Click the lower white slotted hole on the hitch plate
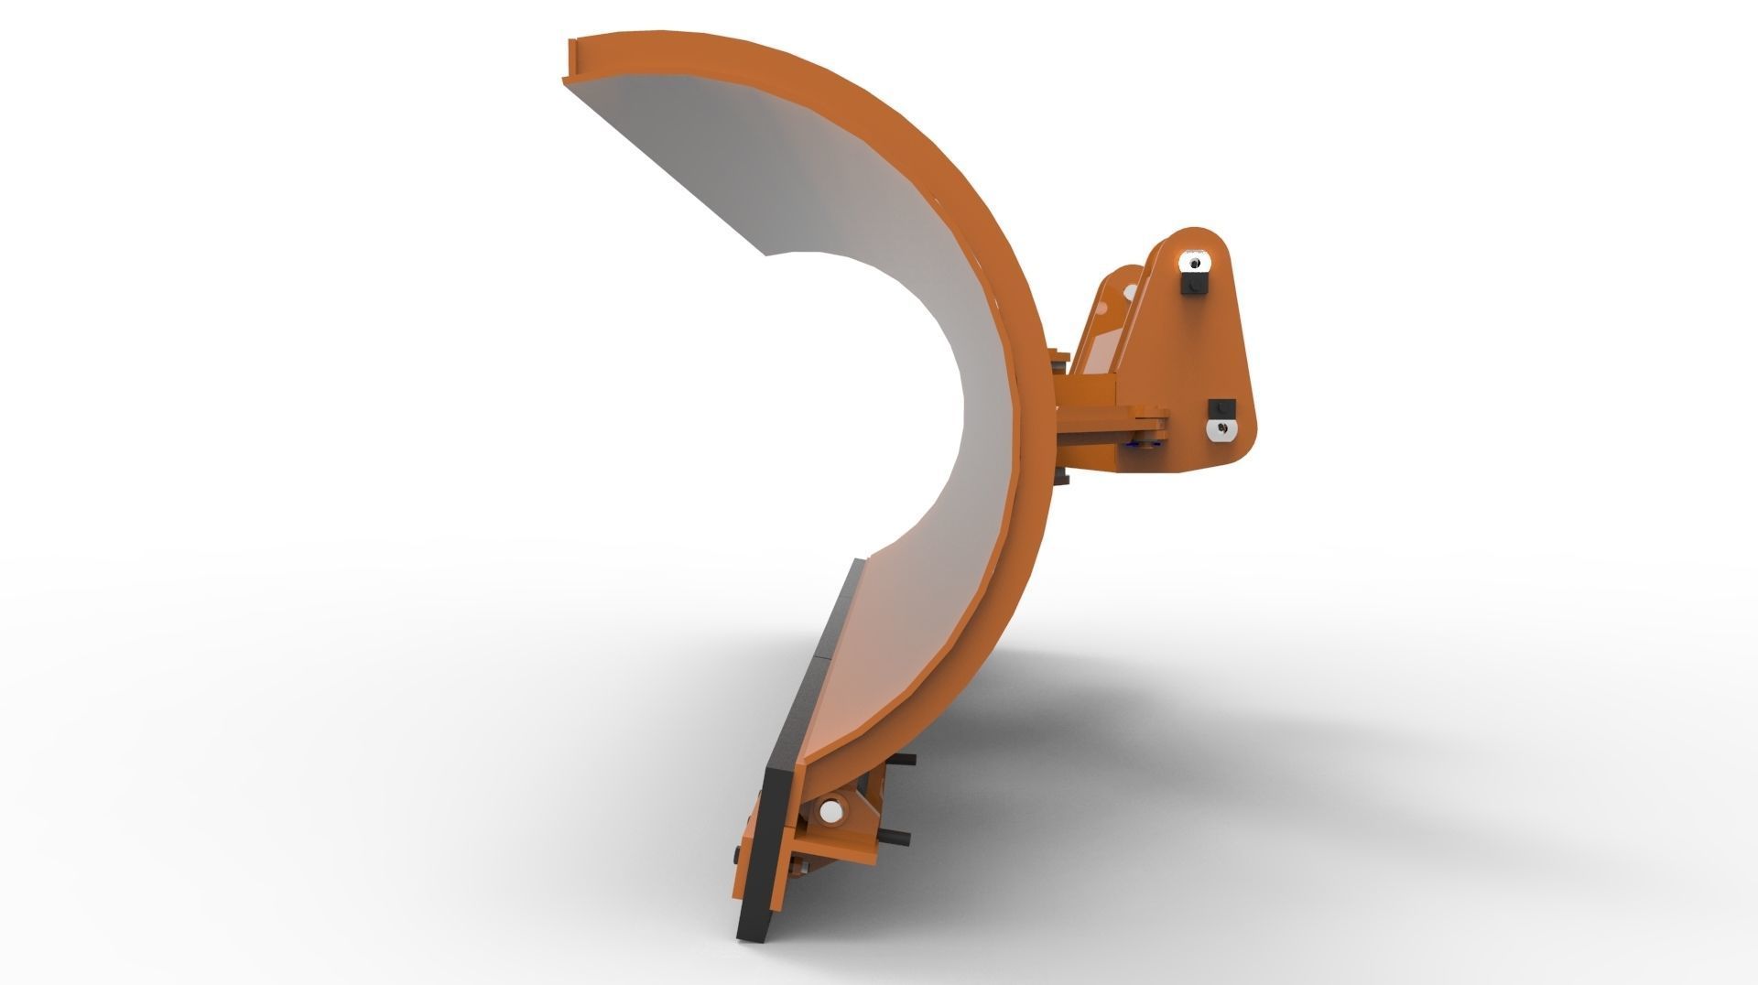tap(1222, 430)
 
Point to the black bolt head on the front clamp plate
tap(737, 855)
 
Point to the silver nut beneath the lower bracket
tap(804, 868)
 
